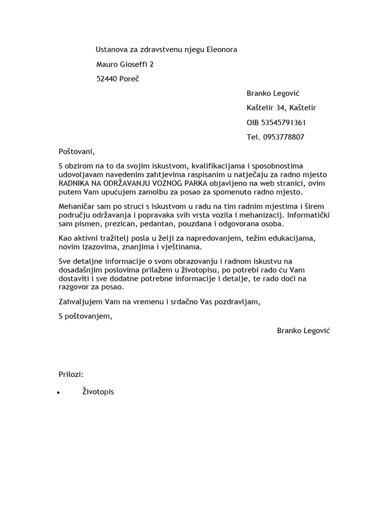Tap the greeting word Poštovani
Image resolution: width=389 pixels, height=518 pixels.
click(76, 151)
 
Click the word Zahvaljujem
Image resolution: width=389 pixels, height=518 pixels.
click(81, 302)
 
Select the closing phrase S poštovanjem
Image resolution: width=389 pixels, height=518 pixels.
click(84, 317)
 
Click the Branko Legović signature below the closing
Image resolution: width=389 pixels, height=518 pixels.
click(303, 331)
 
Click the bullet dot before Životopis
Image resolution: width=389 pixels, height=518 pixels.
click(59, 393)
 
